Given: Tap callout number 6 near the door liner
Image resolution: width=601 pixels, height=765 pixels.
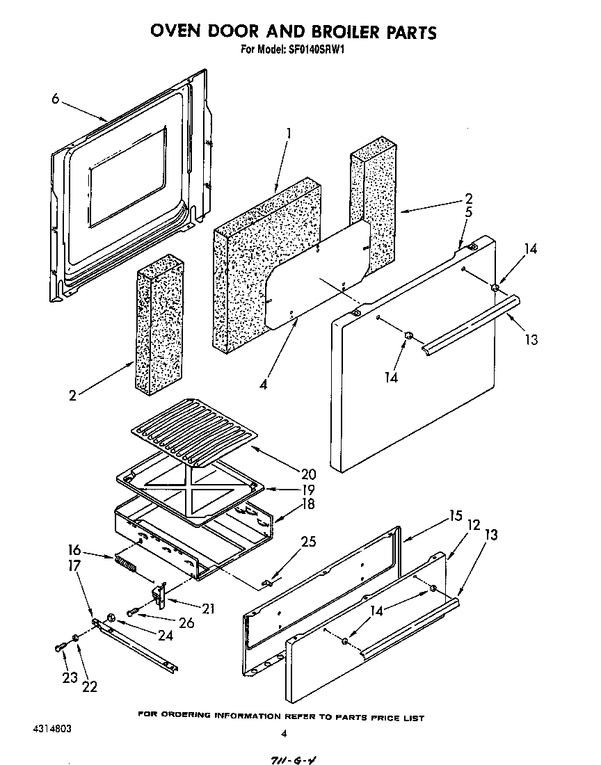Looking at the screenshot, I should [56, 99].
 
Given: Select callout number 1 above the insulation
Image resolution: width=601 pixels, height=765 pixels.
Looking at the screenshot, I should [289, 132].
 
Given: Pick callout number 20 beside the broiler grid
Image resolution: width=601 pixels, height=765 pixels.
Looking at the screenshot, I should [309, 474].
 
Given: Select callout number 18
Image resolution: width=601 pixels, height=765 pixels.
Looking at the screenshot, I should [307, 504].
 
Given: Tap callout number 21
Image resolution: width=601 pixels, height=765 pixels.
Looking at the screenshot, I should [207, 609].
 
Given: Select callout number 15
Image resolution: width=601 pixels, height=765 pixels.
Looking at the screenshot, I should [455, 516].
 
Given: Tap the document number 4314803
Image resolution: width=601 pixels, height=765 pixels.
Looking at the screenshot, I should [51, 730].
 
